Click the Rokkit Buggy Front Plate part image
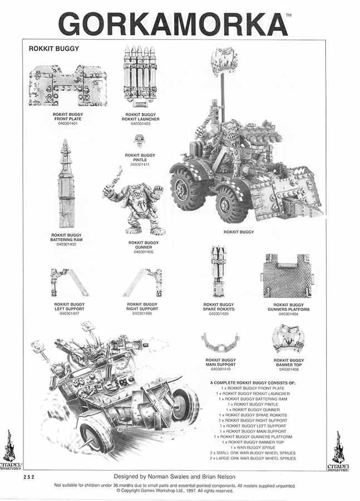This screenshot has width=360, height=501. coord(68,86)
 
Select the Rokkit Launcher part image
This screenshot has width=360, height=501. coord(140,75)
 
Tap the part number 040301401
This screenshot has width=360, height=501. coord(68,123)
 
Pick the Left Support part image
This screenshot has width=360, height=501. coord(69,283)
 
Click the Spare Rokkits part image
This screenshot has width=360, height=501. coord(218,272)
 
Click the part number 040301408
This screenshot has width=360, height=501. coord(288,370)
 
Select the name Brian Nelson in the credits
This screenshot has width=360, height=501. coord(212,477)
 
